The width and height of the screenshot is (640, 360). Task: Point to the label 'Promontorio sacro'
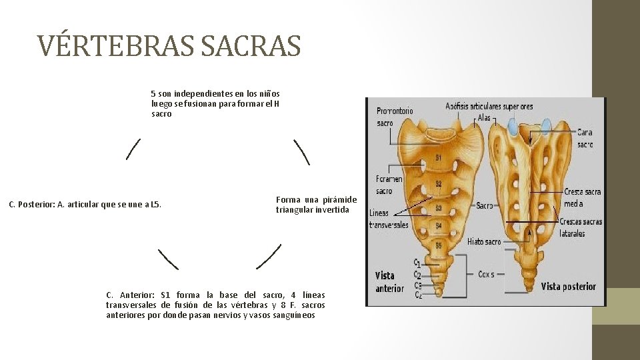pyautogui.click(x=395, y=117)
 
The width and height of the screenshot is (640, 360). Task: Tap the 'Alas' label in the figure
pyautogui.click(x=484, y=118)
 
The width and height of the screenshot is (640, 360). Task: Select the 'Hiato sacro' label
pyautogui.click(x=484, y=241)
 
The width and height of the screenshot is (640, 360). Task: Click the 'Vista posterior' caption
pyautogui.click(x=568, y=287)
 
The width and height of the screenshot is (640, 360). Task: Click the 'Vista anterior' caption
pyautogui.click(x=389, y=281)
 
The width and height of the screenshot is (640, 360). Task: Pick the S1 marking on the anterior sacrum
pyautogui.click(x=438, y=157)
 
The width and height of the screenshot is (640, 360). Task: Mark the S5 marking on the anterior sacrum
pyautogui.click(x=438, y=245)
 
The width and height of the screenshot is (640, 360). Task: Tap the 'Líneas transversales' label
pyautogui.click(x=389, y=219)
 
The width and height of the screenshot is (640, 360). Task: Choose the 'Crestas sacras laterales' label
pyautogui.click(x=581, y=227)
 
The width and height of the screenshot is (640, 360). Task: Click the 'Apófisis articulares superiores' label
pyautogui.click(x=489, y=106)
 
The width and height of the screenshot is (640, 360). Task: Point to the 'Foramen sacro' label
pyautogui.click(x=389, y=185)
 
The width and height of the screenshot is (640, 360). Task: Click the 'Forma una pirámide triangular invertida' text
pyautogui.click(x=316, y=205)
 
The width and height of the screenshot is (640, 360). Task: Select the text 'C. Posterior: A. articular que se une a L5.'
pyautogui.click(x=85, y=204)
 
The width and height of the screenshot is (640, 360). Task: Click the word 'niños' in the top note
pyautogui.click(x=270, y=93)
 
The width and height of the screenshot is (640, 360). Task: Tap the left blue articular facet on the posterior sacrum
pyautogui.click(x=513, y=125)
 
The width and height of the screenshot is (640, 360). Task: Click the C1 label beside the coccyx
pyautogui.click(x=417, y=263)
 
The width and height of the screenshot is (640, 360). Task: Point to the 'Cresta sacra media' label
pyautogui.click(x=582, y=197)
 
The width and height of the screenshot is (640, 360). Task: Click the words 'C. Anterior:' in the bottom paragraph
pyautogui.click(x=131, y=295)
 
